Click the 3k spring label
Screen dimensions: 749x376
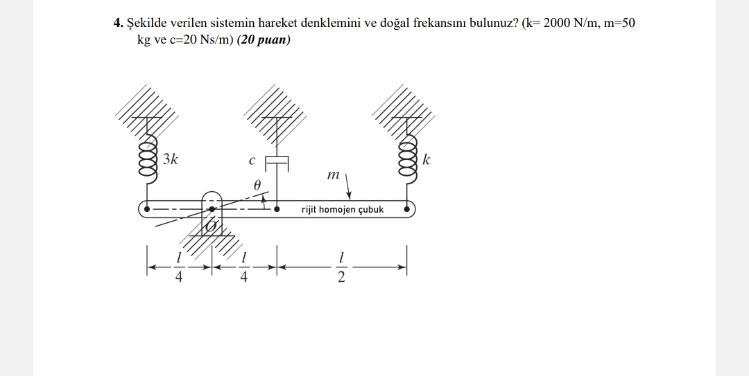170,159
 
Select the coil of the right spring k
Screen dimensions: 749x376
408,158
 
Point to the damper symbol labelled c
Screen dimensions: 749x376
277,163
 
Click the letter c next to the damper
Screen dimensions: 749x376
252,161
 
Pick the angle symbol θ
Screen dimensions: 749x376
257,185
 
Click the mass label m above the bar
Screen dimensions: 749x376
333,176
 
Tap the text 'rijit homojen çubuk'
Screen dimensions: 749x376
343,210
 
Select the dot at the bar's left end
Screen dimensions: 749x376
147,209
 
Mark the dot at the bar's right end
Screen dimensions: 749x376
406,209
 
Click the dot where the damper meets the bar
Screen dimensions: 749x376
277,209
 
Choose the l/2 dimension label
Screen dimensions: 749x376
341,268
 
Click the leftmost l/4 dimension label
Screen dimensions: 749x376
179,268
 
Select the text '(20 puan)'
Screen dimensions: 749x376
264,40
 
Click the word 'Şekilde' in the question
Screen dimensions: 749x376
146,24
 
